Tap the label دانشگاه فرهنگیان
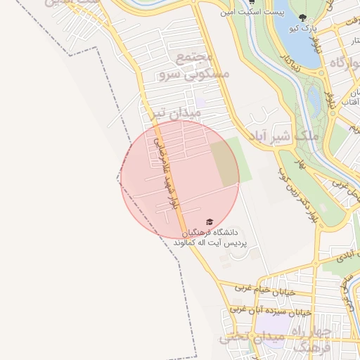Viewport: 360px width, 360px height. tap(212, 232)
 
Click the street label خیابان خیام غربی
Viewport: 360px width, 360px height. tap(262, 288)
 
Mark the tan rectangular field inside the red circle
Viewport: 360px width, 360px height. tap(224, 162)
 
